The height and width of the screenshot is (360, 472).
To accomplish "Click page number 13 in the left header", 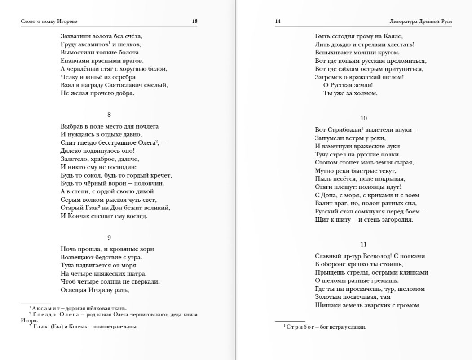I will pos(194,21).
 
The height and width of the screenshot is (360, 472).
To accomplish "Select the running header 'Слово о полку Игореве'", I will pos(46,21).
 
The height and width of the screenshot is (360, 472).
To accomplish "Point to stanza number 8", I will pos(109,115).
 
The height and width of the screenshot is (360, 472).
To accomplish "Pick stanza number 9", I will pos(109,237).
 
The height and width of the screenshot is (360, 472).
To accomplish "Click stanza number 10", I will pos(364,118).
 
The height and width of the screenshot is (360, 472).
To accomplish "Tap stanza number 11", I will pos(364,244).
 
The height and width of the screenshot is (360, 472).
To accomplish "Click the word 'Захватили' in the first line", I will pos(74,36).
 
